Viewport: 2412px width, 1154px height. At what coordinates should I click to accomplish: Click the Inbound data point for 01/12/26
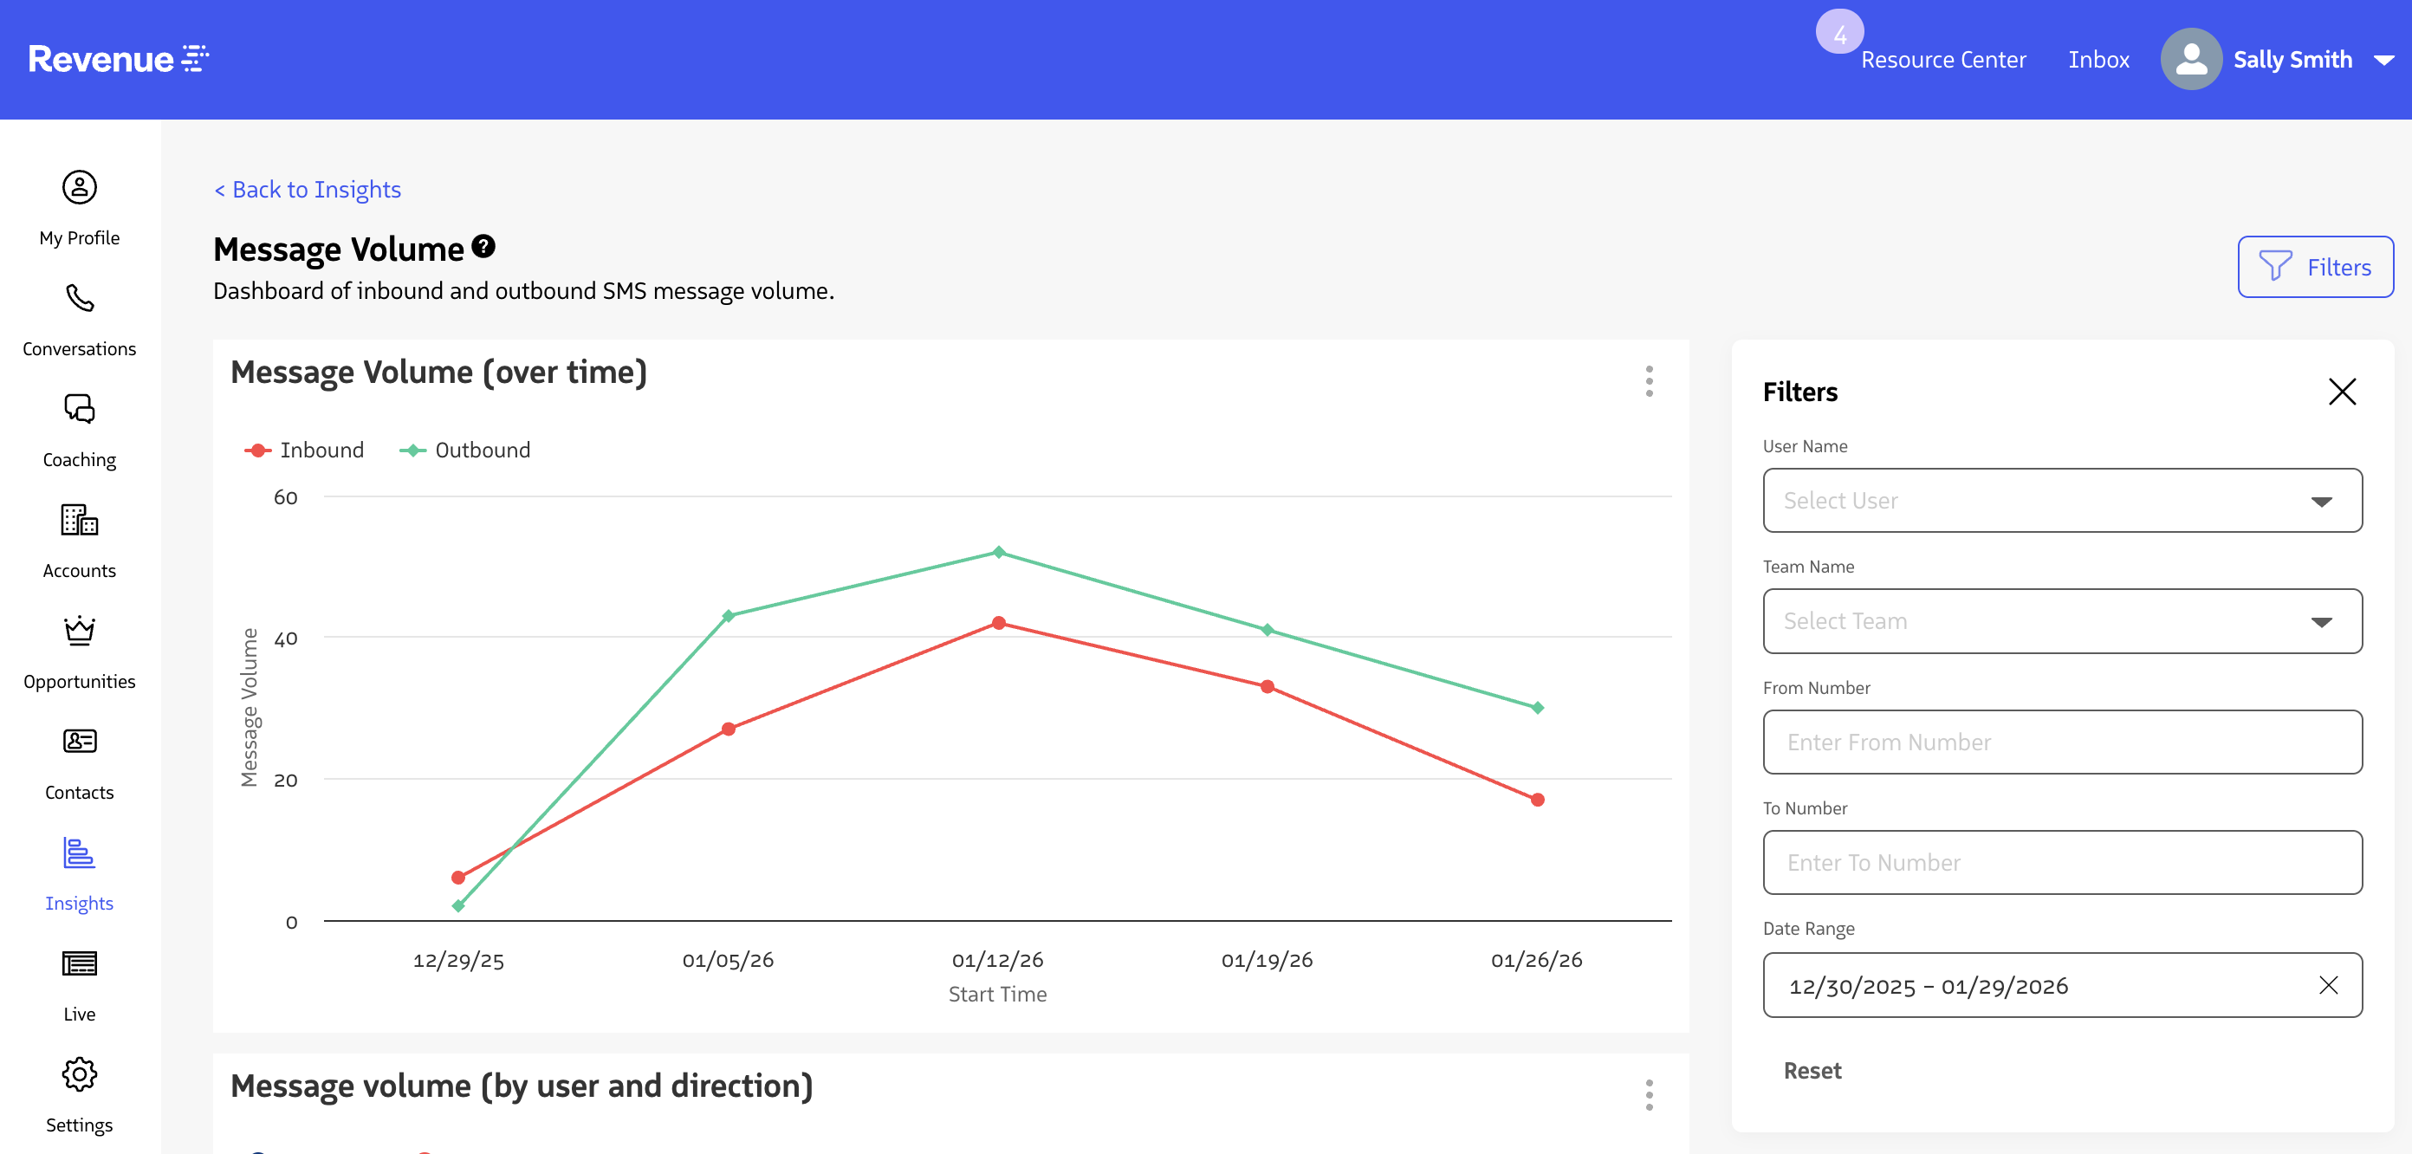pyautogui.click(x=998, y=623)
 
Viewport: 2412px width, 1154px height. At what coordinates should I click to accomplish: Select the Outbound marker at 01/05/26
pyautogui.click(x=729, y=615)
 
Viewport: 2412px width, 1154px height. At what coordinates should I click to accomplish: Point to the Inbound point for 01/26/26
pyautogui.click(x=1538, y=799)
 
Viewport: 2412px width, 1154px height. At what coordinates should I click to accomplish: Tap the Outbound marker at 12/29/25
pyautogui.click(x=457, y=905)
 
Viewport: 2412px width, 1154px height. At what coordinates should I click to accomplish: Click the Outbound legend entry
pyautogui.click(x=464, y=451)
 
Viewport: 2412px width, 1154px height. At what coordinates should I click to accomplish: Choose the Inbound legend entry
pyautogui.click(x=304, y=451)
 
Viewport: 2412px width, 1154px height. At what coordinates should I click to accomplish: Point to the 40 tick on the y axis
pyautogui.click(x=286, y=639)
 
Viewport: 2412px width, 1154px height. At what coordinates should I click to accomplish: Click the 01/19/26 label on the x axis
pyautogui.click(x=1267, y=960)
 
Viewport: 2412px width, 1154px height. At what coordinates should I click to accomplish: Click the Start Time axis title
pyautogui.click(x=997, y=994)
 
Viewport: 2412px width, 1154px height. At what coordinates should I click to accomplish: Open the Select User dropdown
pyautogui.click(x=2062, y=500)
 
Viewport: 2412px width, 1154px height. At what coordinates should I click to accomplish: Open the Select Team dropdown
pyautogui.click(x=2062, y=621)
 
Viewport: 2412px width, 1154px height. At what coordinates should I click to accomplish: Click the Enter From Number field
pyautogui.click(x=2062, y=742)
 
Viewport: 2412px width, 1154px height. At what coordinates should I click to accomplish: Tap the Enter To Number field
pyautogui.click(x=2062, y=863)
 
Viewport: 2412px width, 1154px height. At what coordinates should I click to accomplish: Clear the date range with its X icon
pyautogui.click(x=2329, y=985)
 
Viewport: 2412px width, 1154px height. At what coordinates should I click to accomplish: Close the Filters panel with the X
pyautogui.click(x=2342, y=392)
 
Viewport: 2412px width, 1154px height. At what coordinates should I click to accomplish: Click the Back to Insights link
pyautogui.click(x=308, y=190)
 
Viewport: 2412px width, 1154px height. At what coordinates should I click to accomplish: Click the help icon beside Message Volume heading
pyautogui.click(x=483, y=246)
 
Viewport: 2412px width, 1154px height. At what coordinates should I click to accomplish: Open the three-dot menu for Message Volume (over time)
pyautogui.click(x=1649, y=381)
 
